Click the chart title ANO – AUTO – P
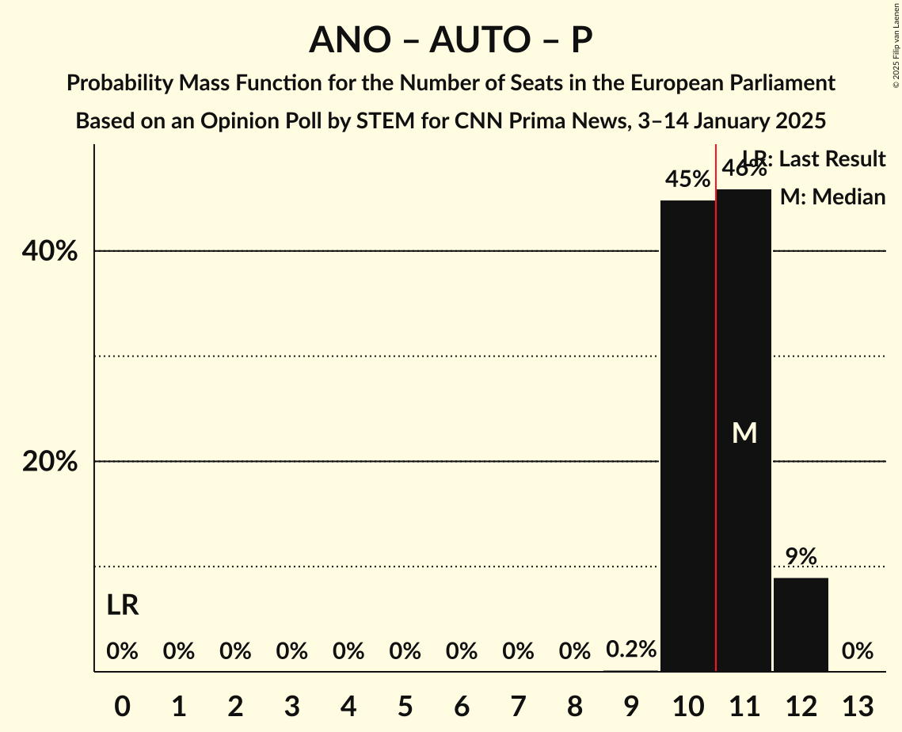pos(451,40)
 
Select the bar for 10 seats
pos(687,436)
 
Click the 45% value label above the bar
pos(687,180)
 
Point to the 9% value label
pos(801,557)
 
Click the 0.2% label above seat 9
pos(631,650)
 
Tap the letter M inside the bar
pos(744,433)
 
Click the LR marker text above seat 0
pos(123,605)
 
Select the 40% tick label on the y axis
pos(50,252)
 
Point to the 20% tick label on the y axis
pos(50,462)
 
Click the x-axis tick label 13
pos(857,706)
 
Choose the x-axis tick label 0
pos(122,706)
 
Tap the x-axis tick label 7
pos(518,706)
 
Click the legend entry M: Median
pos(832,197)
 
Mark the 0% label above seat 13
pos(857,651)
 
